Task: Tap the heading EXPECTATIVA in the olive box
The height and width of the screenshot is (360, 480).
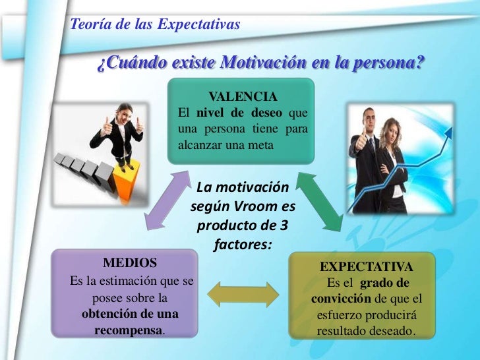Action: tap(367, 267)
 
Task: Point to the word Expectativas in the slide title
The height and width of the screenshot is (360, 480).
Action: tap(199, 26)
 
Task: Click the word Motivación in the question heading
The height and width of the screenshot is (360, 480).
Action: tap(264, 64)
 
